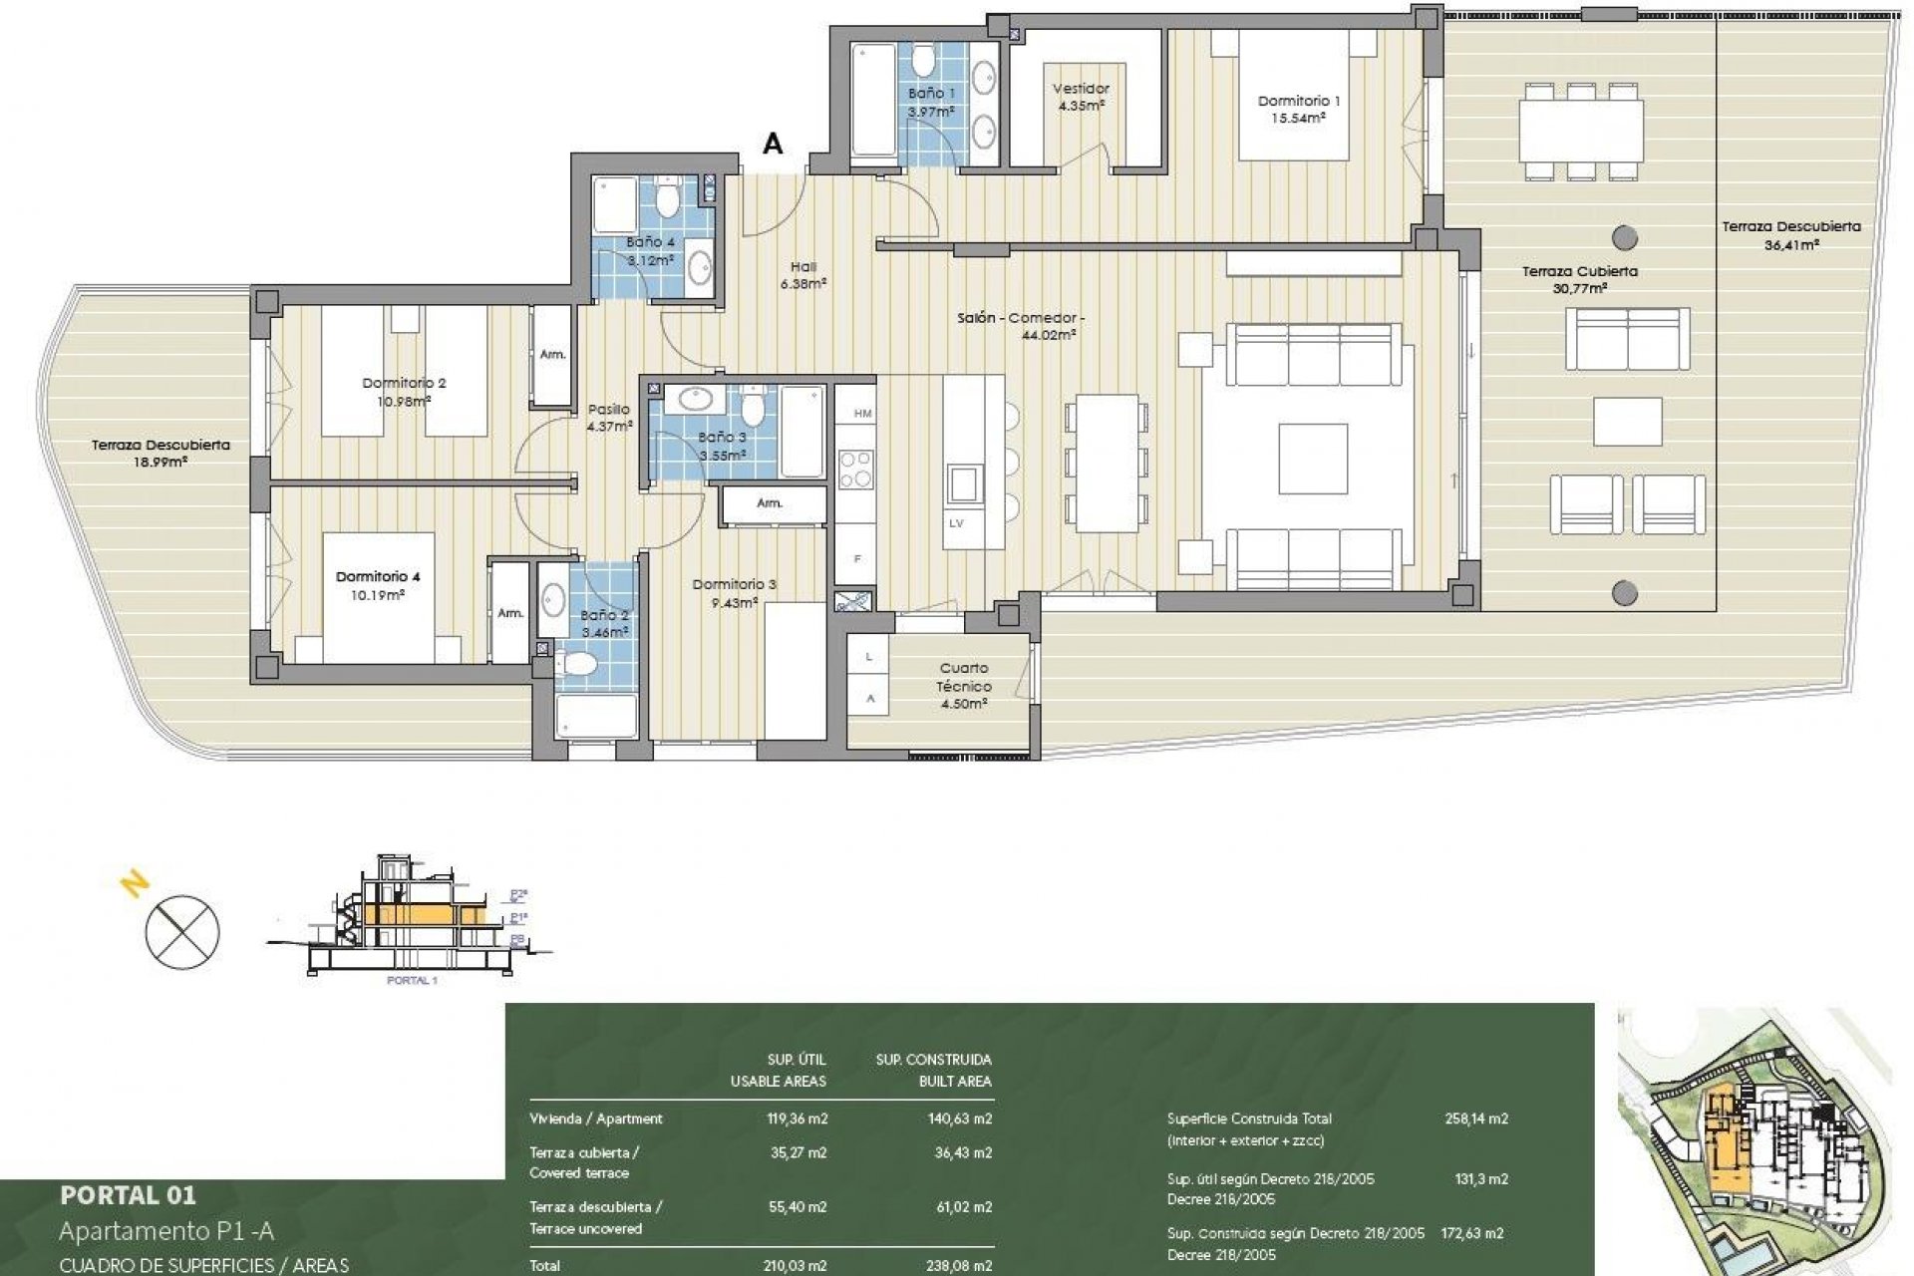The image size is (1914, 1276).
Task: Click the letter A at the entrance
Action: (773, 145)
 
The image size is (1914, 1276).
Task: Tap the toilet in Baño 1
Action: (924, 62)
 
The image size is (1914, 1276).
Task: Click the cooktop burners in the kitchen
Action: (855, 471)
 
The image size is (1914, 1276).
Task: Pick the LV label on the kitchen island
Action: (956, 523)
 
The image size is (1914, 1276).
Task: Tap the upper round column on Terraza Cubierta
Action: (1624, 237)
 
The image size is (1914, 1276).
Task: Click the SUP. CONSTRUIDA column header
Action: (933, 1060)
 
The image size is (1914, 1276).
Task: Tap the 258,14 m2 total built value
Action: (1476, 1118)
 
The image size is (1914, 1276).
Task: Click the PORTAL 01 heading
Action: (128, 1194)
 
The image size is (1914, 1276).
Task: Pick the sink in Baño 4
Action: (701, 265)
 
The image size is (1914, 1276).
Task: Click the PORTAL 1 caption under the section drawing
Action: (412, 981)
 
